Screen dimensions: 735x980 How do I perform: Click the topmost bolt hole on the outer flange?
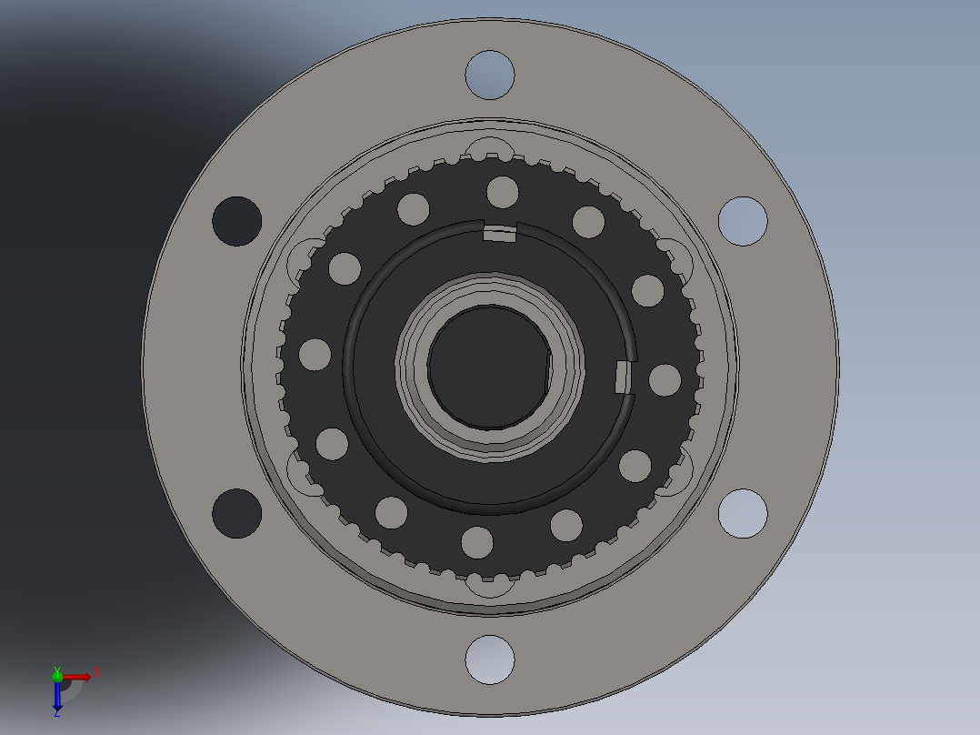pyautogui.click(x=490, y=75)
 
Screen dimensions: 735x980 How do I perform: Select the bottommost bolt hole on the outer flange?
pyautogui.click(x=490, y=659)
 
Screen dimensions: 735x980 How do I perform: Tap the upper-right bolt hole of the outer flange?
pyautogui.click(x=743, y=221)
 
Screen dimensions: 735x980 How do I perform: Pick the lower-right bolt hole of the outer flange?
pyautogui.click(x=743, y=513)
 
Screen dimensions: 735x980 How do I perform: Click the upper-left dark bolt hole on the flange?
pyautogui.click(x=236, y=221)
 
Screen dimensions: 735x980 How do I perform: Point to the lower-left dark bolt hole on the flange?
pyautogui.click(x=236, y=513)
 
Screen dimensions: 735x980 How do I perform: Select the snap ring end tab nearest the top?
pyautogui.click(x=499, y=235)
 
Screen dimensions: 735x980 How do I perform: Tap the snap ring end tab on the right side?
pyautogui.click(x=624, y=377)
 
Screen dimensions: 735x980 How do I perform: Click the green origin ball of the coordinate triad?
pyautogui.click(x=57, y=676)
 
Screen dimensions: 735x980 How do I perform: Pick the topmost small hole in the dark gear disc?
pyautogui.click(x=503, y=192)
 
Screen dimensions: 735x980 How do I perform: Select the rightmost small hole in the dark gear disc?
pyautogui.click(x=665, y=380)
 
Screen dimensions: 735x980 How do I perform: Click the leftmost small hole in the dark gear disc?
pyautogui.click(x=315, y=354)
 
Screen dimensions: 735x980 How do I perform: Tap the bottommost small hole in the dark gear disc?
pyautogui.click(x=476, y=542)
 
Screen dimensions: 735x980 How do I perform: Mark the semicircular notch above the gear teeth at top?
pyautogui.click(x=491, y=148)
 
